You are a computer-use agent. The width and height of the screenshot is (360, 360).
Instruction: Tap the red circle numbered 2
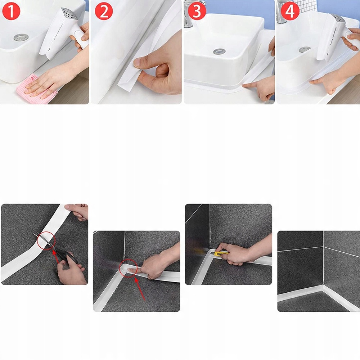[104, 11]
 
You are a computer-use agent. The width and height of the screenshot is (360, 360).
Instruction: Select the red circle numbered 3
[197, 11]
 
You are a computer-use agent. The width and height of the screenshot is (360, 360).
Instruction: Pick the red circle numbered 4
[290, 11]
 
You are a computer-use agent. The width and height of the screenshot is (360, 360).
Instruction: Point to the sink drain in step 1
[21, 37]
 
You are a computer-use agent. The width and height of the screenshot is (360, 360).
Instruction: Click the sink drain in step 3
[219, 51]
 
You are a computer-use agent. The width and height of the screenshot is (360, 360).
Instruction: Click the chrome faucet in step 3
[190, 14]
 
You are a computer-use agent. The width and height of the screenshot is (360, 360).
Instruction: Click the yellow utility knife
[221, 253]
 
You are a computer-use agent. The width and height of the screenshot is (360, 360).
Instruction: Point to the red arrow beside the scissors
[56, 256]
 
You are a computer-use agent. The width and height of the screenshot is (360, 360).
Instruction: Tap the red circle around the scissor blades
[46, 240]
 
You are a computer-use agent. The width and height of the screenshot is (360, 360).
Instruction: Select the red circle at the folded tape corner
[129, 268]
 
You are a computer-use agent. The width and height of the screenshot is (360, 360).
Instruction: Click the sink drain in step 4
[305, 49]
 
